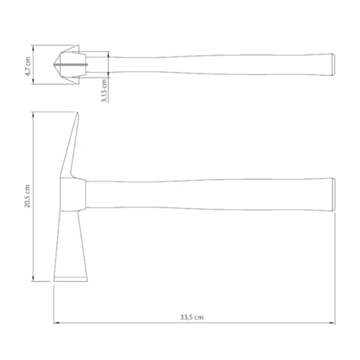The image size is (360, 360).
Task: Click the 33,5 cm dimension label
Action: pos(192,317)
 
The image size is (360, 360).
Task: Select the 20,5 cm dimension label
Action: pos(27,196)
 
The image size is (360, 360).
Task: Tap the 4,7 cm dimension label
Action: pos(28,67)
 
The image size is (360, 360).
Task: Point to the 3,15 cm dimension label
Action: pos(104,91)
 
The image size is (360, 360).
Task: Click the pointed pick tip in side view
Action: pos(77,113)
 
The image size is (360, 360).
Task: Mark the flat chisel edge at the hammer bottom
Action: pos(70,279)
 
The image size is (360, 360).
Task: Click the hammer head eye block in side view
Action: pos(73,195)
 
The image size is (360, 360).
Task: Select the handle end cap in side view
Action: pos(333,194)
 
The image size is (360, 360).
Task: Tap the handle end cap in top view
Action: pos(333,65)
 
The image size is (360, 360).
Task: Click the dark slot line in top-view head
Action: pos(70,64)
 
